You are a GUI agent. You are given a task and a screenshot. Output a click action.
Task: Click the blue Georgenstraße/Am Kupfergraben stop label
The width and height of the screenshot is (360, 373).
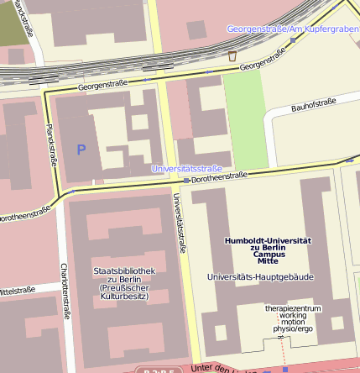293,29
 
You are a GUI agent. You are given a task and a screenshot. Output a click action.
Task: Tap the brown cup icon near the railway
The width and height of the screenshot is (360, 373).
232,56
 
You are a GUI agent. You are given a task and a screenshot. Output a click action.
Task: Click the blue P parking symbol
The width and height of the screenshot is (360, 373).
81,150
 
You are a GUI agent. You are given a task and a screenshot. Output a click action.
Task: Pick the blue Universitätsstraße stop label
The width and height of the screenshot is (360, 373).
186,169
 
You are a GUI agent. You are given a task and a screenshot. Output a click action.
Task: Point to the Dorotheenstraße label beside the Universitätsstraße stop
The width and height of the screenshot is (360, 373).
219,176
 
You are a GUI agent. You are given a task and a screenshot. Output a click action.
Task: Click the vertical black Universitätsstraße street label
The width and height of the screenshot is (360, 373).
178,223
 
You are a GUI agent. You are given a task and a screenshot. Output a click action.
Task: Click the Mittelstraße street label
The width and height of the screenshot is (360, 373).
17,291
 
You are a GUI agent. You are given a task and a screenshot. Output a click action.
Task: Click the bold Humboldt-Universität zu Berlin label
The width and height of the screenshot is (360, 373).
268,250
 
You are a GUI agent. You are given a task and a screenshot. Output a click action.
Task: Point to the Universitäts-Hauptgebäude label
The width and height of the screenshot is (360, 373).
260,276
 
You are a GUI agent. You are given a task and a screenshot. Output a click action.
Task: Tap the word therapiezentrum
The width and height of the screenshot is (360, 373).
293,309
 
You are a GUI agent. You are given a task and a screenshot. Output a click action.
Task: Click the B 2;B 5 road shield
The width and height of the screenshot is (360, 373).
158,370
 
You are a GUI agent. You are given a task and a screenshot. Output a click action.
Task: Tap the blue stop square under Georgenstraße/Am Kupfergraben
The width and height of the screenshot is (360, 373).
293,39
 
